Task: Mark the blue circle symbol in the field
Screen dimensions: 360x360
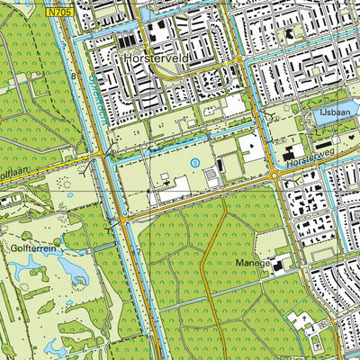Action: click(195, 162)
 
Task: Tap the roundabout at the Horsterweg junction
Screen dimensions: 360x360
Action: click(272, 176)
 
